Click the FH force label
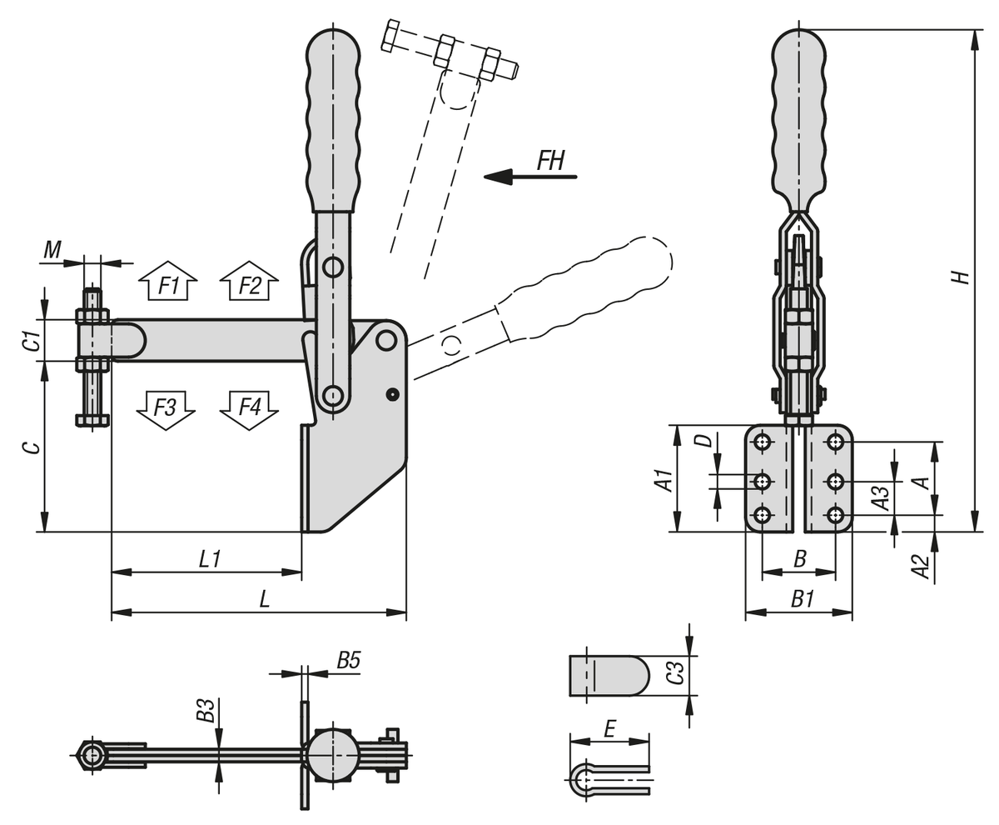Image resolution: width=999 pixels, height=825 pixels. click(551, 160)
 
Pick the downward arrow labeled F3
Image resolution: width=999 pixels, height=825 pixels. click(166, 408)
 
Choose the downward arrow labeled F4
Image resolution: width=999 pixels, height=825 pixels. click(249, 408)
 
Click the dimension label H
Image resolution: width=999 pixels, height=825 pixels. click(962, 276)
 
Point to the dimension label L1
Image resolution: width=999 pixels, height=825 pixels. click(209, 558)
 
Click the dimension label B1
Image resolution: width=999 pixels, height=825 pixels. click(802, 599)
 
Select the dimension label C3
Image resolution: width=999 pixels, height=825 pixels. click(677, 672)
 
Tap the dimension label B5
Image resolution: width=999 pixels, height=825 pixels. click(348, 661)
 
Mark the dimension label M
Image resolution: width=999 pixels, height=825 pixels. click(52, 249)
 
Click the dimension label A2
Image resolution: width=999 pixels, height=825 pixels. click(920, 566)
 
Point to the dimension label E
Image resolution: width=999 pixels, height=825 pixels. click(609, 729)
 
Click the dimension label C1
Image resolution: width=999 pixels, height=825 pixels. click(31, 341)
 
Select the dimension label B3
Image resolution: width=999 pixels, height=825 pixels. click(205, 710)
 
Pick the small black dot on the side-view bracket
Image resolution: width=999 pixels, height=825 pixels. click(393, 394)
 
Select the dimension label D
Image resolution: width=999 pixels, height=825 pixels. click(704, 439)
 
